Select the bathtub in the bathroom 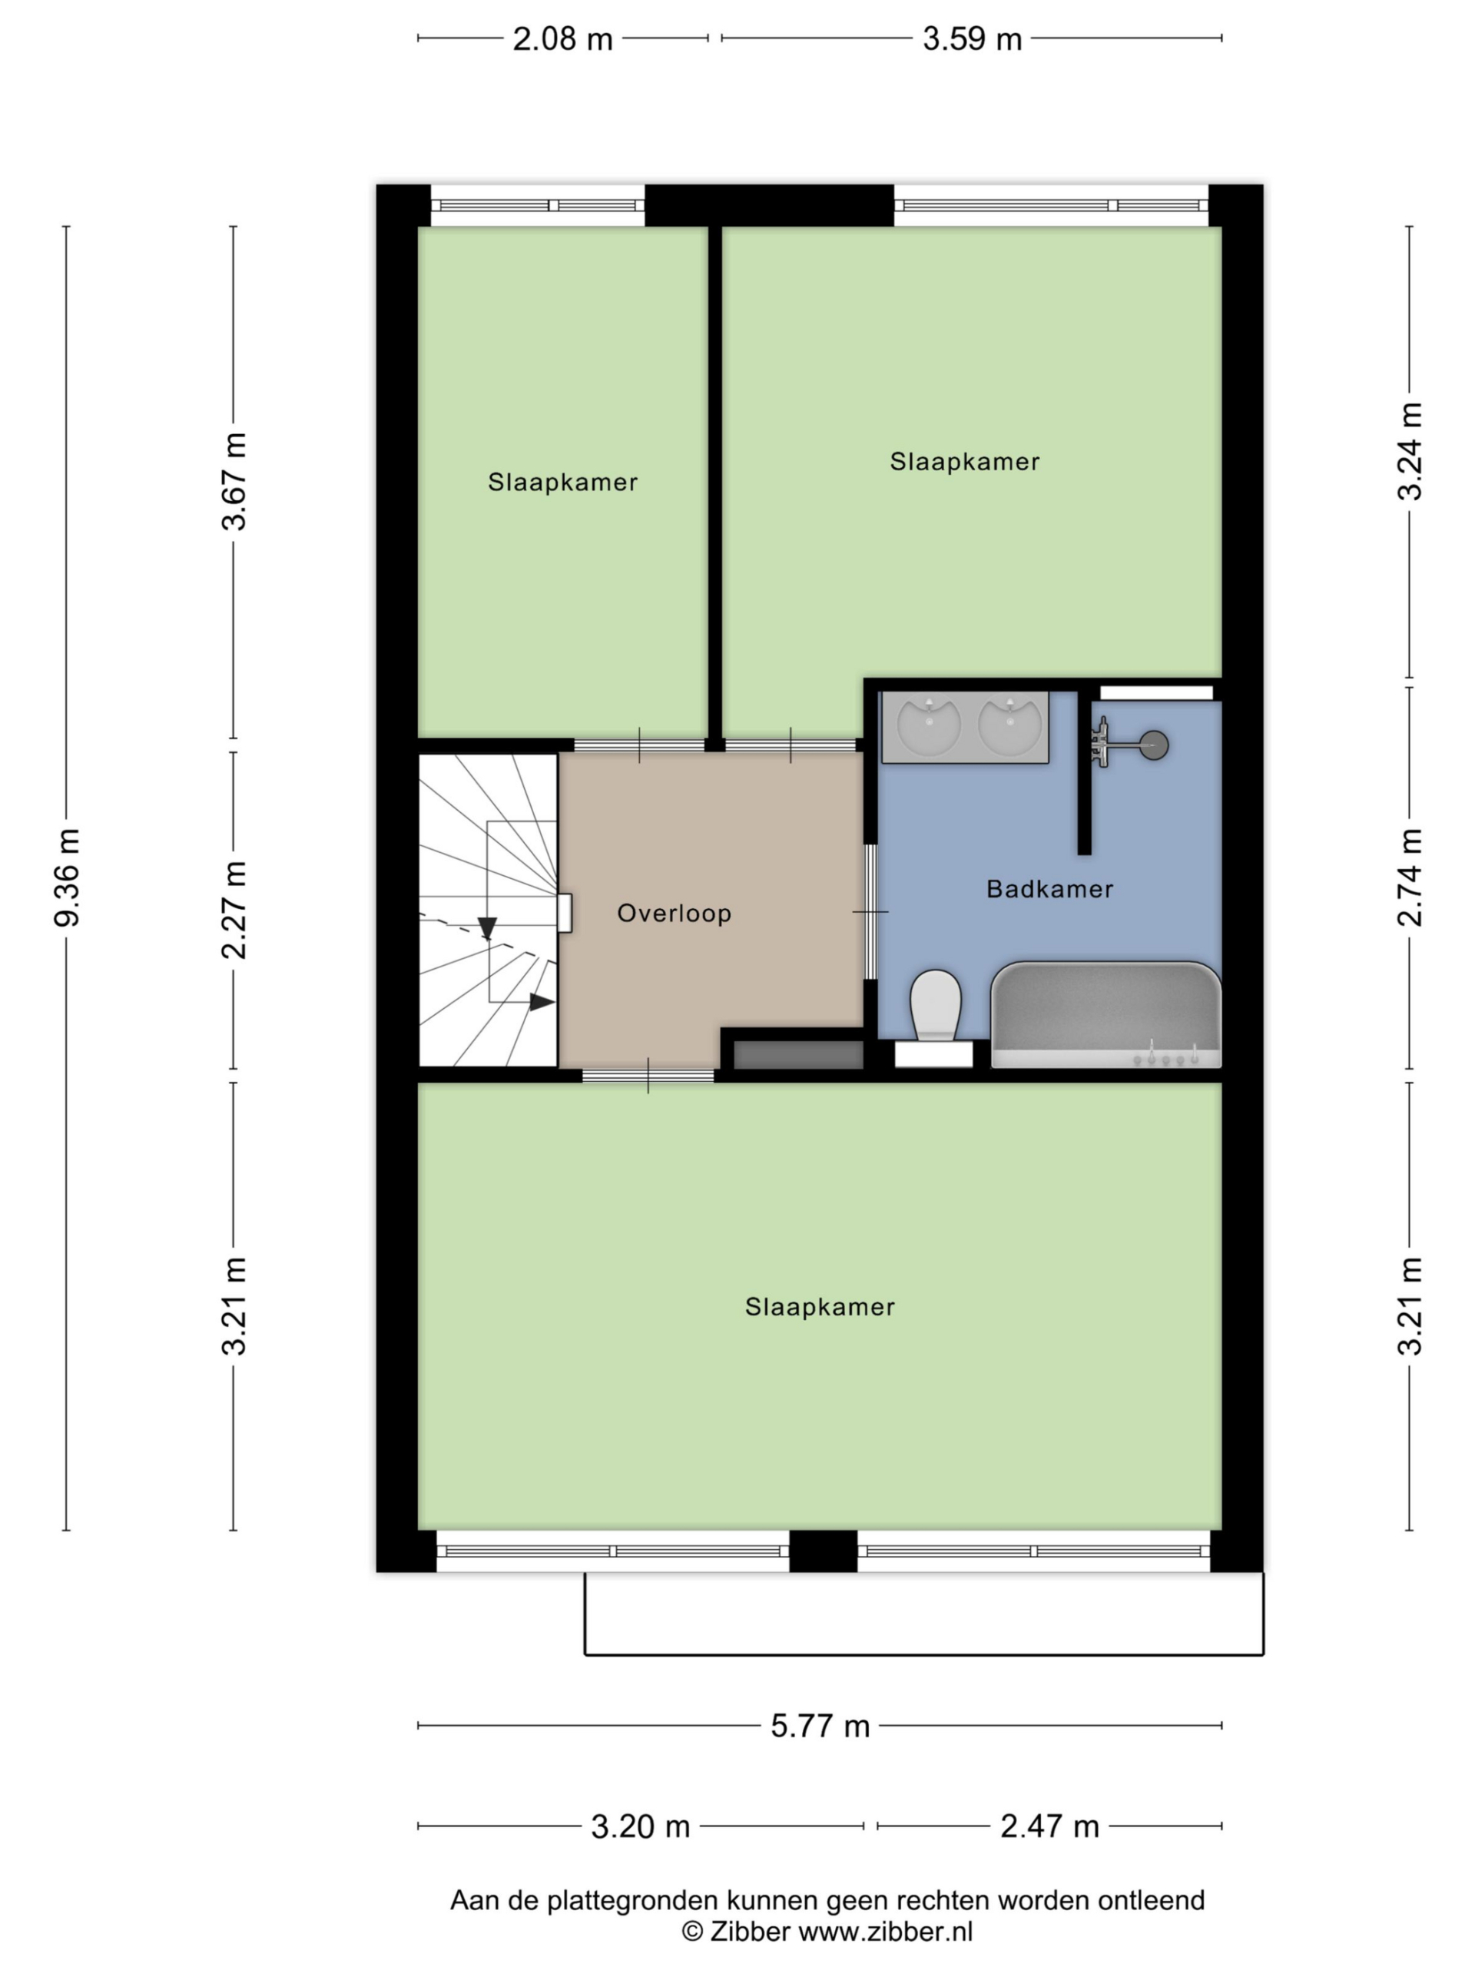(x=1106, y=1015)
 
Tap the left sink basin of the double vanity (x=928, y=725)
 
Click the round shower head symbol (x=1154, y=745)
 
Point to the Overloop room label (x=674, y=914)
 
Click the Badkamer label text (x=1049, y=889)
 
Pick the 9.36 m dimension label (x=68, y=877)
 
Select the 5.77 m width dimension (x=820, y=1726)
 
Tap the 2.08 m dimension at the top (x=563, y=39)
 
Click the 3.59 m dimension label (x=972, y=39)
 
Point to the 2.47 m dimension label (x=1049, y=1826)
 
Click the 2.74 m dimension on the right (x=1411, y=877)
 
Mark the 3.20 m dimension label (x=640, y=1826)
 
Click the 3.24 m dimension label (x=1411, y=452)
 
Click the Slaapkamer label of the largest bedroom (x=820, y=1307)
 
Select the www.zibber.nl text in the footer (x=885, y=1932)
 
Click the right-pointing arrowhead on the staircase (x=542, y=1002)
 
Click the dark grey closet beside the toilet (x=798, y=1056)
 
